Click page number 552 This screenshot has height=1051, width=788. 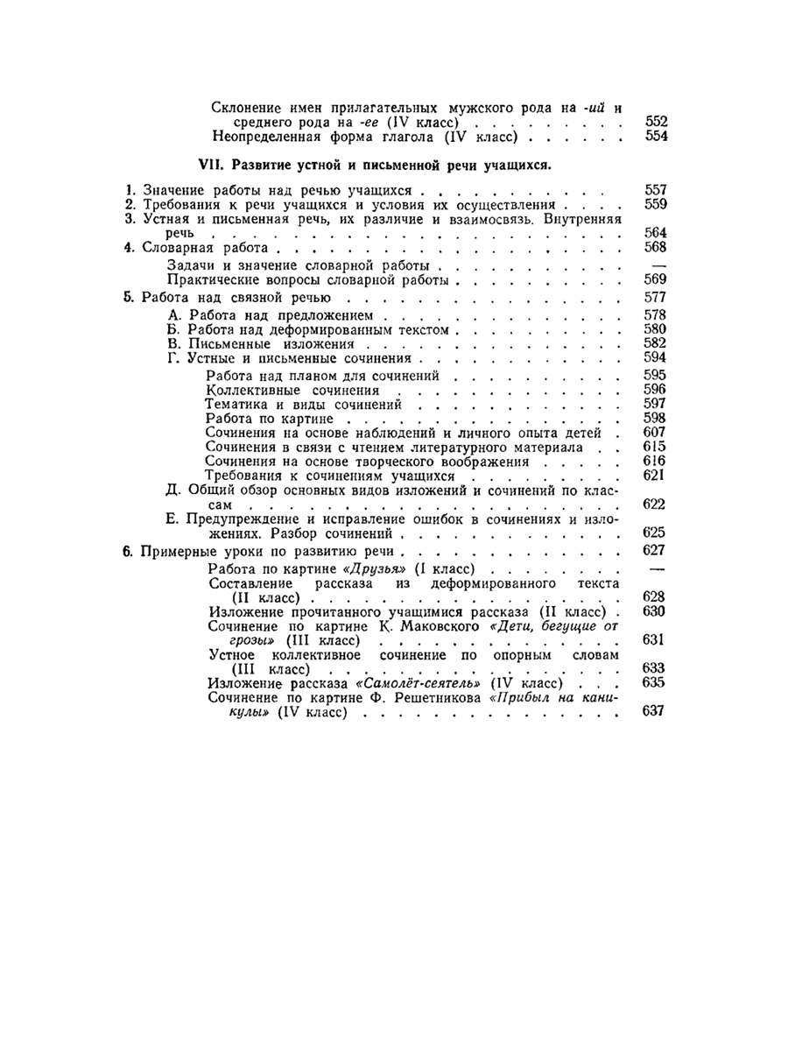(x=656, y=123)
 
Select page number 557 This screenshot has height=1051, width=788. (x=656, y=189)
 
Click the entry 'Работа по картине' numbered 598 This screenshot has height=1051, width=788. (x=259, y=419)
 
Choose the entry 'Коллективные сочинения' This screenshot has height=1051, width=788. (x=292, y=390)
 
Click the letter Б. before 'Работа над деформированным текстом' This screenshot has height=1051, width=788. (x=172, y=329)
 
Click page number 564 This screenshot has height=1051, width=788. (x=656, y=232)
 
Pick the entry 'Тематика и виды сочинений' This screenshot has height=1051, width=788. (x=303, y=405)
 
